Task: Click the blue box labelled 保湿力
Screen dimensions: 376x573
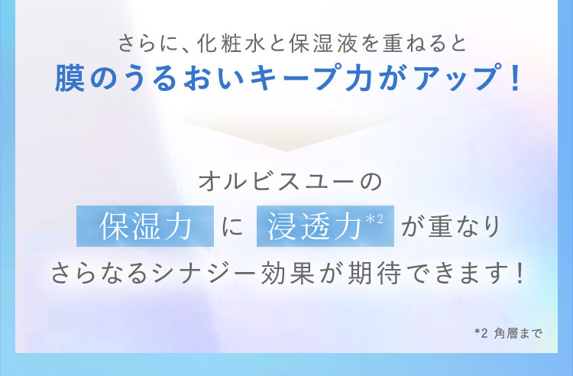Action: [144, 227]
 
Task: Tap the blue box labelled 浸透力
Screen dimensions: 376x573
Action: [325, 227]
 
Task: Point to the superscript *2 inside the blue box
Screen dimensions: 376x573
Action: [374, 221]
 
